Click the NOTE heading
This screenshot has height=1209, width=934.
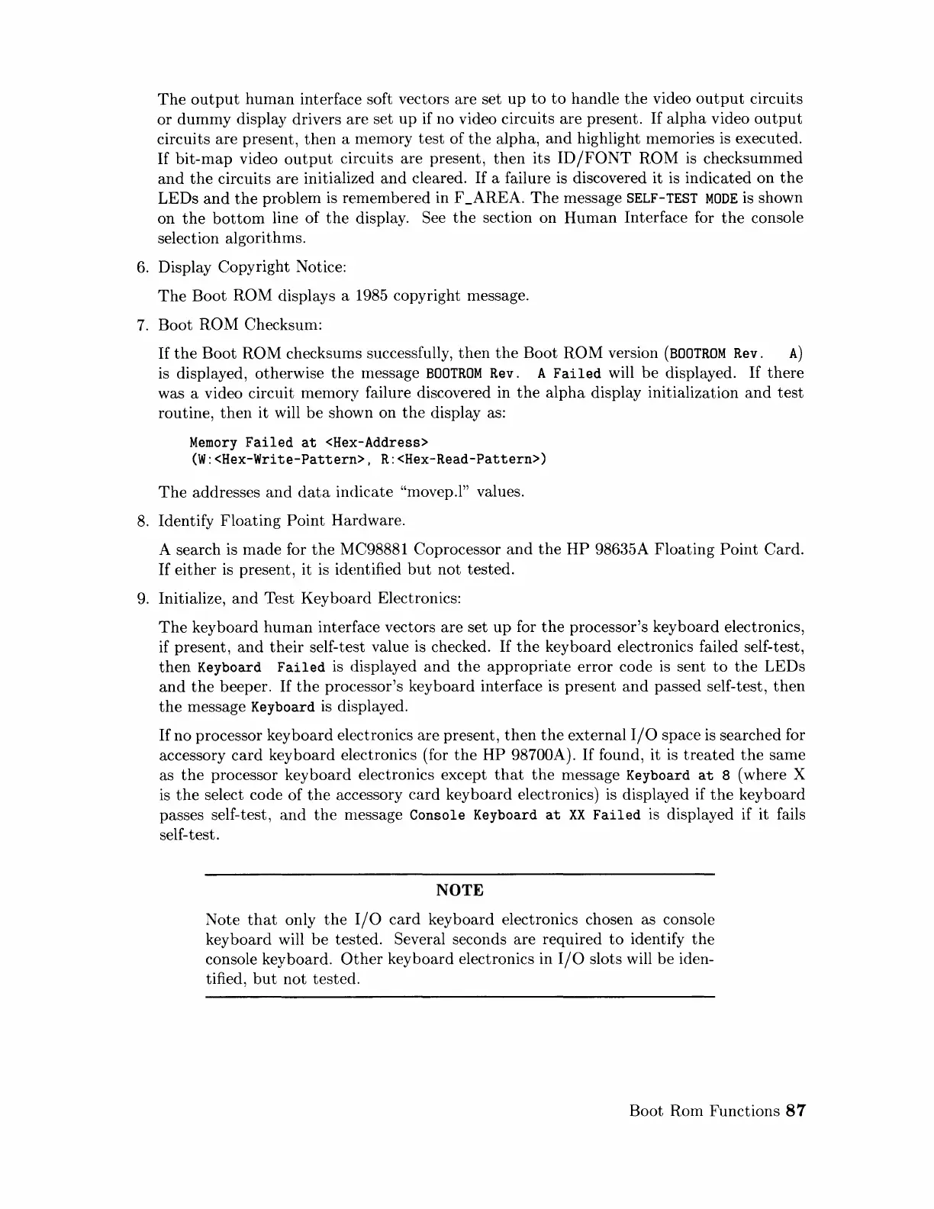(x=459, y=891)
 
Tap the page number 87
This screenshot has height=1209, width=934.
(x=795, y=1111)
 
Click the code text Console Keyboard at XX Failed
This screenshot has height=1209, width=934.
(x=525, y=815)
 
